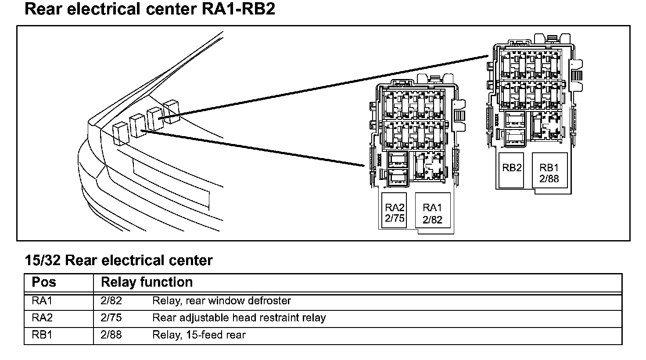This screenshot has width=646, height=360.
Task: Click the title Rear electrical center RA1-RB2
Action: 150,9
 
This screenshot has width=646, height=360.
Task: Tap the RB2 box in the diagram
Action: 511,170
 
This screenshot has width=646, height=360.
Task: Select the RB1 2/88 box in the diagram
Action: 549,170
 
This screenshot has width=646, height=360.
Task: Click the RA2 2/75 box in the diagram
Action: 394,210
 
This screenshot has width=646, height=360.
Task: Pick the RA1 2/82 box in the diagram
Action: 433,210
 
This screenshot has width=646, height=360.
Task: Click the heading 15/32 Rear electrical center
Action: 119,260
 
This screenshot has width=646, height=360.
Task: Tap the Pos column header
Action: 44,282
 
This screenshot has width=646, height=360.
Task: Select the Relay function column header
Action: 147,282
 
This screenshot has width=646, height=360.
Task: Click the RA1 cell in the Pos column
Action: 42,301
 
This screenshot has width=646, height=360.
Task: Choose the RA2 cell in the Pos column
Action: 42,317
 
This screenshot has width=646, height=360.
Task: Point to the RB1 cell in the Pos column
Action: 42,335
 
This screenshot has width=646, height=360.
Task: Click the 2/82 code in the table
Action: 111,301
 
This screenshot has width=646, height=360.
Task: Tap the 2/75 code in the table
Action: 111,317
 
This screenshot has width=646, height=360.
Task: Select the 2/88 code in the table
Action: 111,335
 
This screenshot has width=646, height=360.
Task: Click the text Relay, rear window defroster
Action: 222,301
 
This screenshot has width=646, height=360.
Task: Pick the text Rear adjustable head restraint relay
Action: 239,318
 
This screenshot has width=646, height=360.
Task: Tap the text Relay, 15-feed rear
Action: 199,335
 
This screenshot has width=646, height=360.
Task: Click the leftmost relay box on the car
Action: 121,133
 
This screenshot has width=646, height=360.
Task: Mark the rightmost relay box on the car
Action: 171,112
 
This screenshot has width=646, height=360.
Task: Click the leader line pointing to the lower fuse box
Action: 253,148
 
